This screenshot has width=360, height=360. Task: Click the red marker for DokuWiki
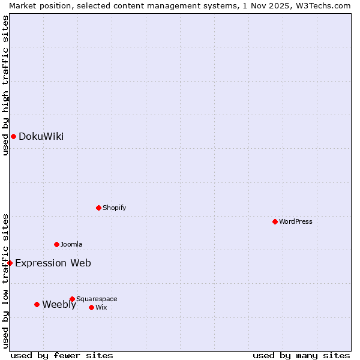[13, 136]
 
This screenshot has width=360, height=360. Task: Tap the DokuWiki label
[41, 136]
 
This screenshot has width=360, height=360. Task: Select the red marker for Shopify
[98, 208]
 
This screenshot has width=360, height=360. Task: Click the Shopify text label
[114, 208]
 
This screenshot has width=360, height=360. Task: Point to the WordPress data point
[275, 221]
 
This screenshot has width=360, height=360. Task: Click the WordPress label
[295, 221]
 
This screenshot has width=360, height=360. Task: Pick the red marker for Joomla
[56, 244]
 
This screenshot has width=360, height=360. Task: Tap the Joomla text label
[71, 244]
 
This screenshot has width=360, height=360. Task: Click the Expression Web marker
[10, 263]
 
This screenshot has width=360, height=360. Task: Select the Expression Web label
[53, 263]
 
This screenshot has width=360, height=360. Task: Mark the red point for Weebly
[37, 304]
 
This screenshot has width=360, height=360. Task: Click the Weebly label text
[59, 304]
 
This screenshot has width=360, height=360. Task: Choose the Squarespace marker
[72, 299]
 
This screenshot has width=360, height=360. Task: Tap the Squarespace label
[97, 299]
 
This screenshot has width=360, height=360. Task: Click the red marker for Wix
[91, 307]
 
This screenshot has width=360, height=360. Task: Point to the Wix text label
[101, 307]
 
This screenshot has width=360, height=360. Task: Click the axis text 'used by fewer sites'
[62, 355]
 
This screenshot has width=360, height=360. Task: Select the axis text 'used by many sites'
[301, 355]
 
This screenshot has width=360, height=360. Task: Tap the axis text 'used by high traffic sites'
[5, 85]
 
